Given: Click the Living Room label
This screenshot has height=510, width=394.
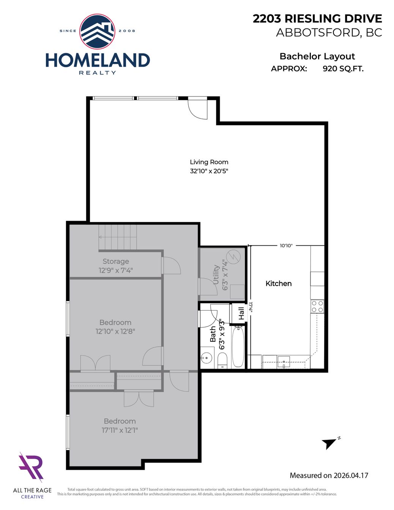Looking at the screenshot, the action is [209, 162].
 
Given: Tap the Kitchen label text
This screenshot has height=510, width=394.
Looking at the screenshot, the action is [279, 284].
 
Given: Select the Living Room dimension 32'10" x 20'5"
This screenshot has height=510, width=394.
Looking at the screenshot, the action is [209, 171].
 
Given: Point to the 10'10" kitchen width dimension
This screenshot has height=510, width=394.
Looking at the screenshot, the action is [286, 246].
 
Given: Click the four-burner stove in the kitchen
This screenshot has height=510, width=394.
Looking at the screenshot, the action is [318, 306].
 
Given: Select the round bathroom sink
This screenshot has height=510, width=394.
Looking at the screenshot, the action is [206, 358].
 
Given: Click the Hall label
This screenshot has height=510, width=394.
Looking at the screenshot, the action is [241, 313].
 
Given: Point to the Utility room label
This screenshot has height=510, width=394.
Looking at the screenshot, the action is [216, 275].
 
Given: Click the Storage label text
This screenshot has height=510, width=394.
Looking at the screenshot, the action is [116, 261].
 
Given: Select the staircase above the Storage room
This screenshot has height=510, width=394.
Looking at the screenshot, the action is [118, 237].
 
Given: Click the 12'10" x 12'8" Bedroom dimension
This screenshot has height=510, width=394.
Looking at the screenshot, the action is [115, 332].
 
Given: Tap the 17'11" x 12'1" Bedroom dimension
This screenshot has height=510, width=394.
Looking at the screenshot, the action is [120, 430].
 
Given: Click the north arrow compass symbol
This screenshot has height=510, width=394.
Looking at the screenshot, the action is [330, 443].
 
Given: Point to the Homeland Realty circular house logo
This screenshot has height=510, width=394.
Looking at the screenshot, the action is [97, 31].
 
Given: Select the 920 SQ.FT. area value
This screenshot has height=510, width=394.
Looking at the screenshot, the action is [343, 69].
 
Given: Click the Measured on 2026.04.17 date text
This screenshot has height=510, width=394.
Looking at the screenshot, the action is [329, 475].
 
